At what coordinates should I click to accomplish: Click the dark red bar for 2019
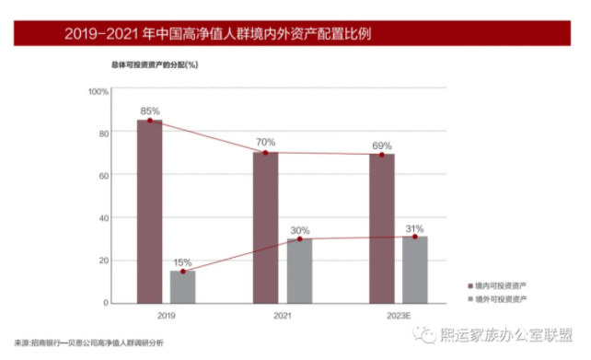150,211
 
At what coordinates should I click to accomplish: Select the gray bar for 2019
183,286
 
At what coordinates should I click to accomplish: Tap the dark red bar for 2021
266,227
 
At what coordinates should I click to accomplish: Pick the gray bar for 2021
299,271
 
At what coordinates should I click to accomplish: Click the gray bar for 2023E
415,270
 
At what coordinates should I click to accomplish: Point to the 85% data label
150,110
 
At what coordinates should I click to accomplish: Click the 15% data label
183,261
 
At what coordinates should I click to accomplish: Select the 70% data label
266,143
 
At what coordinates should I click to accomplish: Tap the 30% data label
299,229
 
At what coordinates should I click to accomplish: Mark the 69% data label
382,145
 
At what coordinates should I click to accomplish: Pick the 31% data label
415,227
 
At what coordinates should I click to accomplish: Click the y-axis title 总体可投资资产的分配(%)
156,65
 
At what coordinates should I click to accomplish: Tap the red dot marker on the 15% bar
183,272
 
